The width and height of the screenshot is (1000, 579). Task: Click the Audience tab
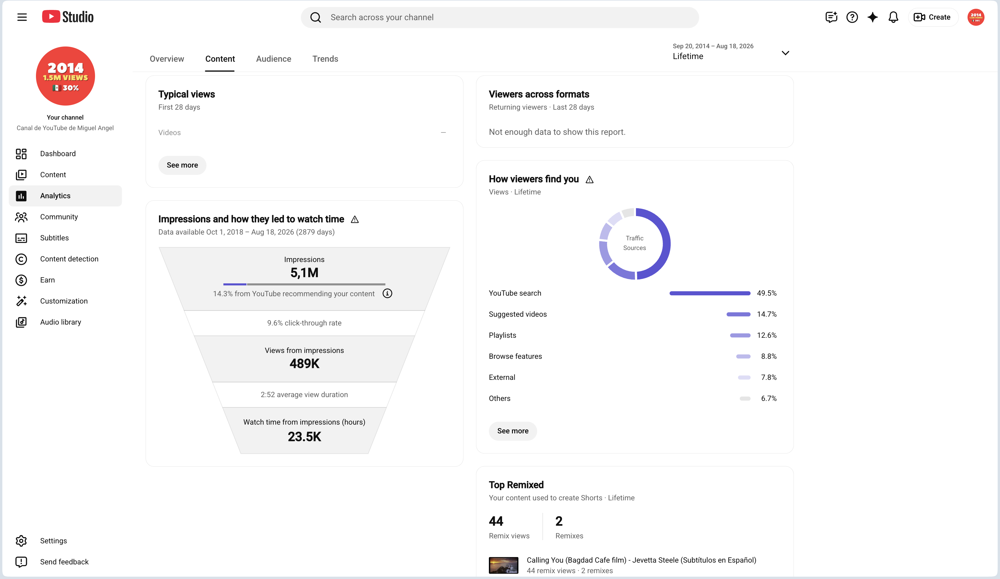(273, 59)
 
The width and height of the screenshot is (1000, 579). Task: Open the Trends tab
(325, 59)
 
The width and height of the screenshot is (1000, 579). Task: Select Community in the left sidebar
(59, 217)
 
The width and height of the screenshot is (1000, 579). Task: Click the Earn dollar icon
(21, 280)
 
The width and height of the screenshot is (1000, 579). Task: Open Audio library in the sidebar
(60, 322)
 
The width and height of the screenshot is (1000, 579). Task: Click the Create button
(932, 17)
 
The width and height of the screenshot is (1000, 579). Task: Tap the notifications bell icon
(893, 17)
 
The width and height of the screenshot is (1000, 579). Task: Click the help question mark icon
(852, 17)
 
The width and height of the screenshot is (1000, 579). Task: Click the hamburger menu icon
(22, 17)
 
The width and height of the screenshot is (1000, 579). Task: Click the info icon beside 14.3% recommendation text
(387, 293)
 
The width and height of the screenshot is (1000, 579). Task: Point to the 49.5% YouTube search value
(766, 293)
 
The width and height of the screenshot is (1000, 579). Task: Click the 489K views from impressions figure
(304, 363)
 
